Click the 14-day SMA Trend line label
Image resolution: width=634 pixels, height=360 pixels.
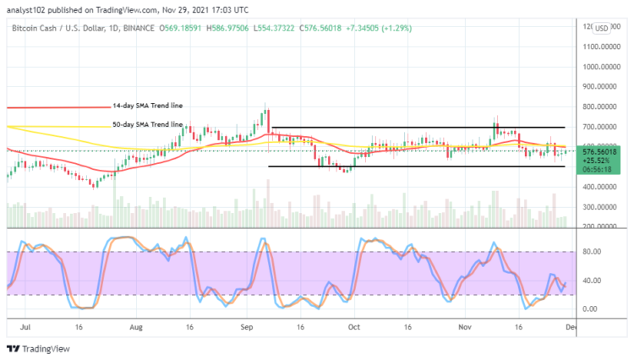tap(147, 106)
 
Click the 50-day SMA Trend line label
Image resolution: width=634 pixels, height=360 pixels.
tap(147, 124)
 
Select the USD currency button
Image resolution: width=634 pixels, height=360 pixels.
tap(602, 28)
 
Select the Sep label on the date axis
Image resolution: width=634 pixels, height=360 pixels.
tap(247, 325)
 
